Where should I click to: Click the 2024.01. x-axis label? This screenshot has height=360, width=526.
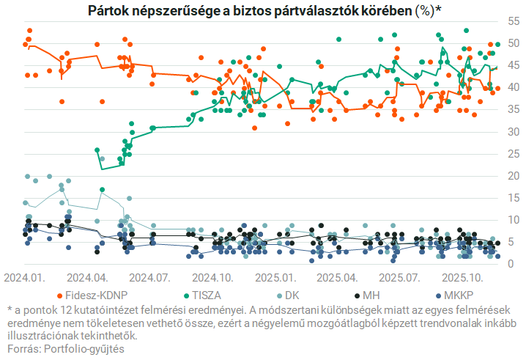click(x=25, y=279)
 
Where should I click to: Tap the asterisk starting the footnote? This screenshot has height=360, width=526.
click(x=10, y=311)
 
